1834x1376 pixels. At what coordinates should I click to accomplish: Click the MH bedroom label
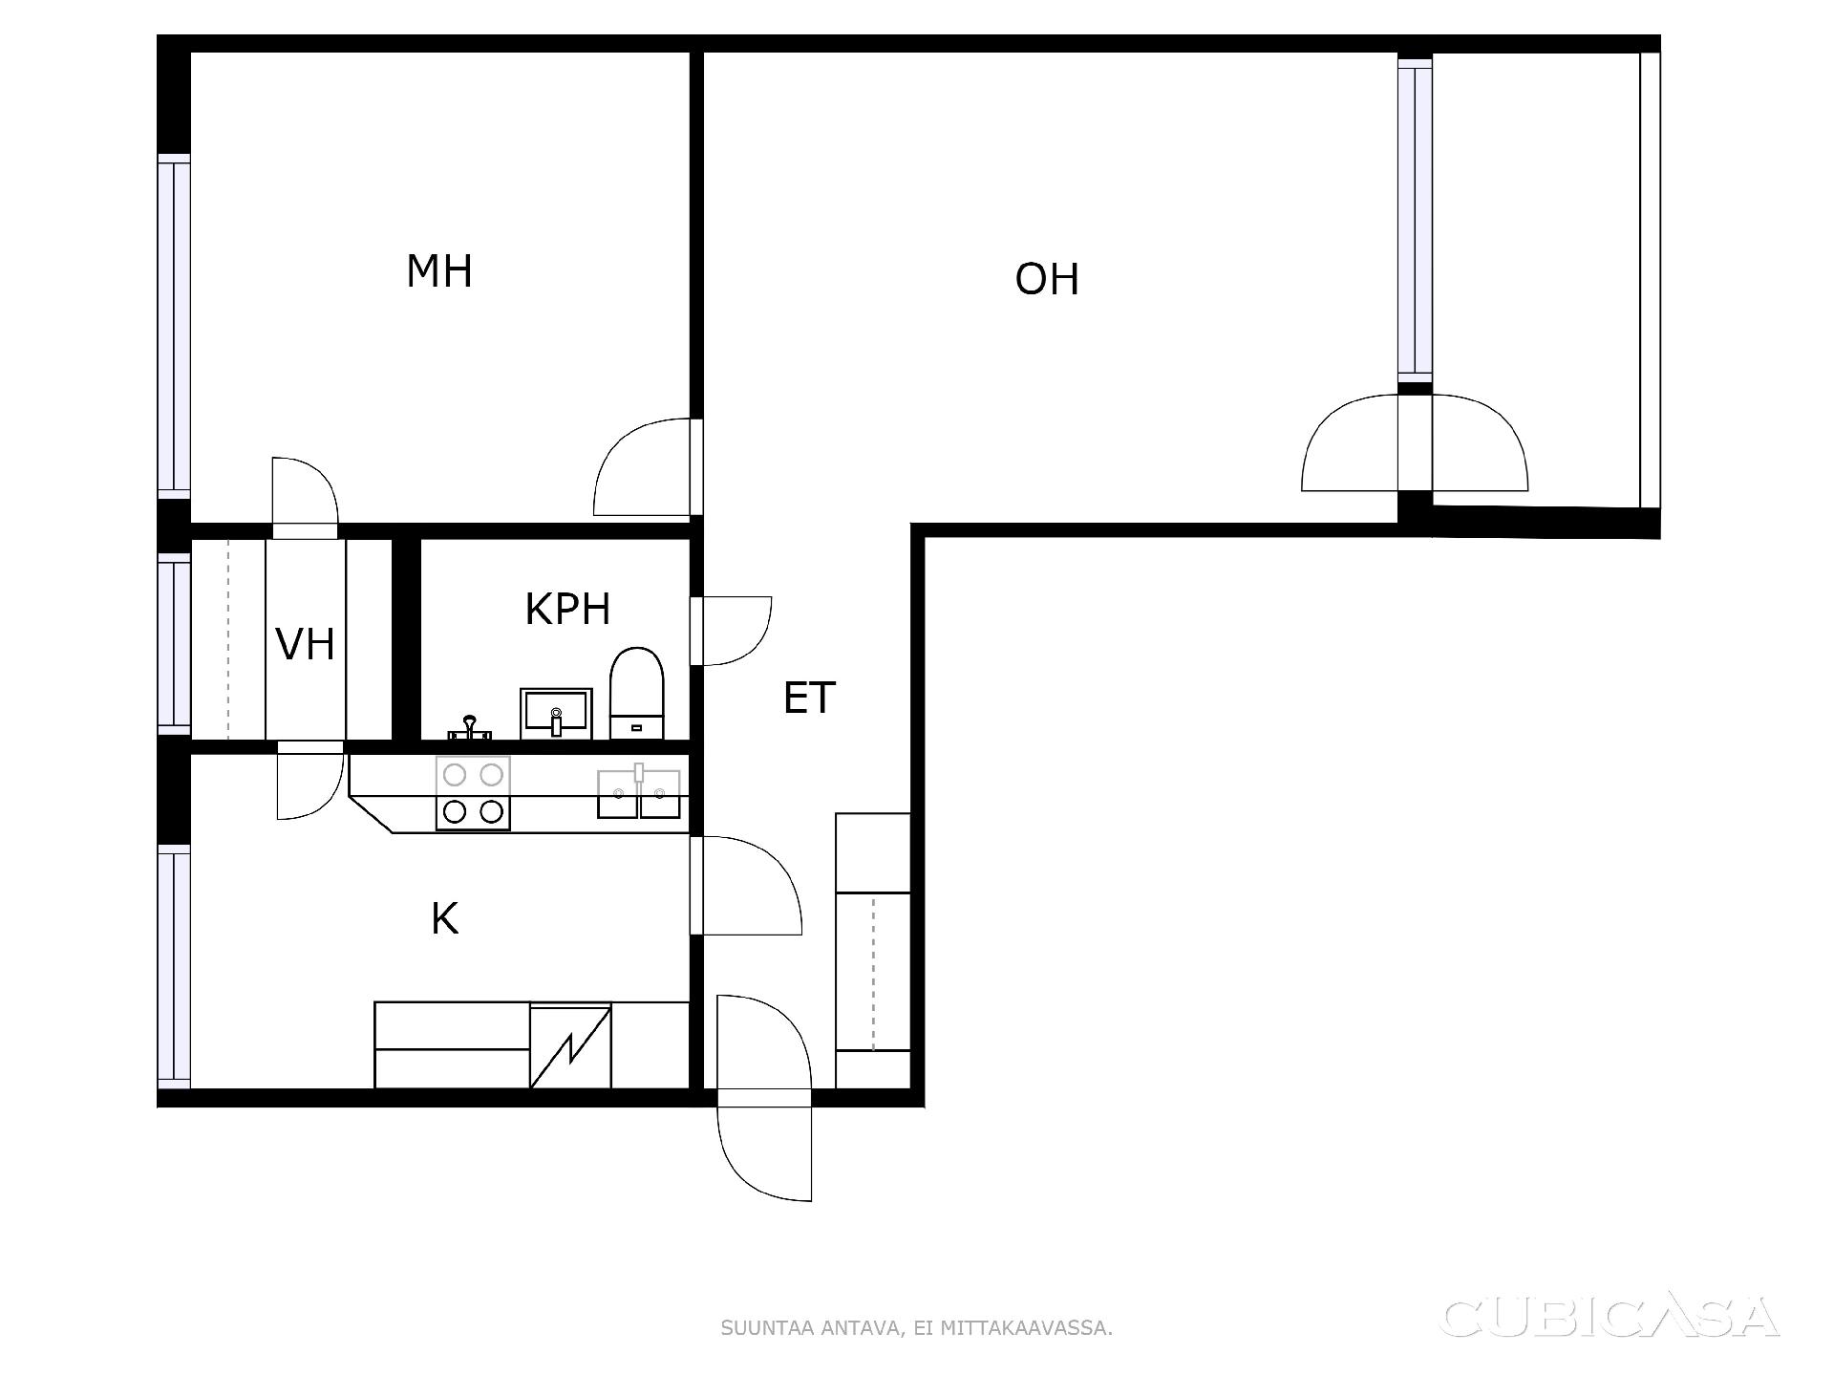[439, 271]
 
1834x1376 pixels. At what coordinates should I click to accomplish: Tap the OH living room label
[1047, 279]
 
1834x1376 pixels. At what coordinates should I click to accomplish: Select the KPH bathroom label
[567, 609]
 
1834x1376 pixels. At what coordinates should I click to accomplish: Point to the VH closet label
[305, 644]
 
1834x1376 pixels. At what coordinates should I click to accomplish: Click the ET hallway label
[809, 698]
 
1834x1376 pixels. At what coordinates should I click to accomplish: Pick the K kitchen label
[444, 918]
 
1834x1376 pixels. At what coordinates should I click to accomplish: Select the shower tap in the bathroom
[469, 728]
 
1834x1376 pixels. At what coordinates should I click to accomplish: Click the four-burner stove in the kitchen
[473, 792]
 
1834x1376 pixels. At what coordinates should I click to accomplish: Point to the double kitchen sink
[639, 793]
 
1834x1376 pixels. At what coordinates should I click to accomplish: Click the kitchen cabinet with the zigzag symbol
[570, 1045]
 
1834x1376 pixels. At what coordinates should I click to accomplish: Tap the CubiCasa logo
[1610, 1317]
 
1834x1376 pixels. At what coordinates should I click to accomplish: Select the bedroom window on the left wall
[174, 326]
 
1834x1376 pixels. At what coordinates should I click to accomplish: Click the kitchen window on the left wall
[174, 966]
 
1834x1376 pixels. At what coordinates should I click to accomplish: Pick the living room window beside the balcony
[1415, 221]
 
